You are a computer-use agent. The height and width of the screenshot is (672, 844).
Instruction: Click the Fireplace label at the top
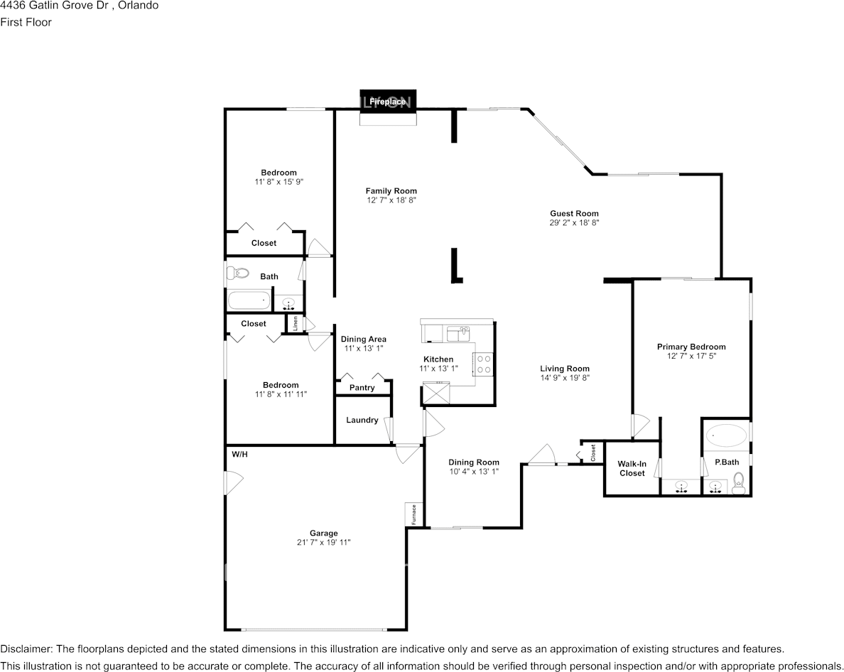coord(387,102)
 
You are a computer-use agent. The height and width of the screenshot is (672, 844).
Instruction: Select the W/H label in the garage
coord(239,454)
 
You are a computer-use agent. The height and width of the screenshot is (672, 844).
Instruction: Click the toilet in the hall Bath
coord(239,273)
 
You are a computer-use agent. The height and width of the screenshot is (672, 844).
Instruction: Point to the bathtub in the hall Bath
coord(249,300)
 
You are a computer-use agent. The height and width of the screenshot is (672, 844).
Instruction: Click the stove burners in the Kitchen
coord(485,364)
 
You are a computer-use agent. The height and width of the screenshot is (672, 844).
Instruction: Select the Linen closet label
coord(295,323)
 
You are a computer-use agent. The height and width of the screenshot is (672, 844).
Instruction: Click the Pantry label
coord(362,388)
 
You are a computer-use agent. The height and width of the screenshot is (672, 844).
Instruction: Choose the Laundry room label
coord(362,420)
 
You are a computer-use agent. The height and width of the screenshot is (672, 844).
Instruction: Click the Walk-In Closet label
coord(632,469)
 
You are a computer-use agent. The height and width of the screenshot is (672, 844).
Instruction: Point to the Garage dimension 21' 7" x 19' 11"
coord(323,542)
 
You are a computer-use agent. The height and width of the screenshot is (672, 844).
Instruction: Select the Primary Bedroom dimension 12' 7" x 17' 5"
coord(691,356)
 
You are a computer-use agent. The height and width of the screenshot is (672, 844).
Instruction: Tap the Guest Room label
coord(574,213)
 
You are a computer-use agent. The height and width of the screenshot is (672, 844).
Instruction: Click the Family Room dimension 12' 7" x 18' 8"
coord(391,200)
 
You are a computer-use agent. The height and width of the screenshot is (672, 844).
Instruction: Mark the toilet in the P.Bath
coord(738,488)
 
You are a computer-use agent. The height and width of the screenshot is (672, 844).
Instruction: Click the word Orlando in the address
coord(139,6)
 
